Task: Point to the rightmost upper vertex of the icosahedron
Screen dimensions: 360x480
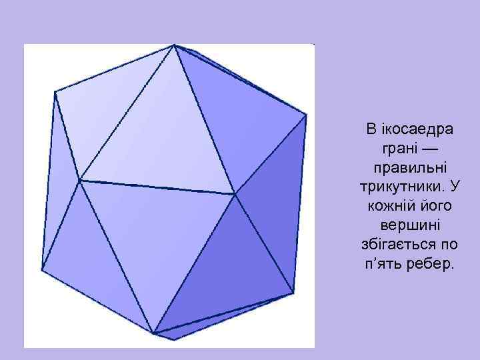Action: click(x=307, y=115)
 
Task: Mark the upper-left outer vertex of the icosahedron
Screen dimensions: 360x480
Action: click(x=54, y=92)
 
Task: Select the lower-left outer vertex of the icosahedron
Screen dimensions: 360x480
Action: click(x=41, y=270)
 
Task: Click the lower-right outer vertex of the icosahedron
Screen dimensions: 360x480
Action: click(x=293, y=292)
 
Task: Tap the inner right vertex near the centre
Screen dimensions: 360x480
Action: click(x=235, y=194)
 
